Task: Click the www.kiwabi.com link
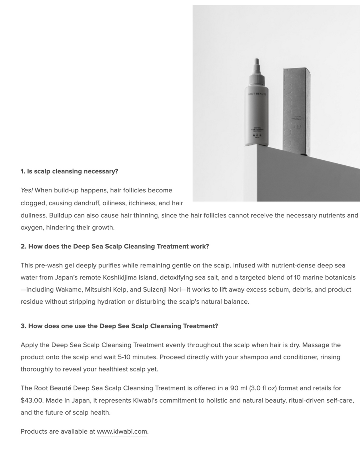[x=122, y=431]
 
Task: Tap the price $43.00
[x=32, y=400]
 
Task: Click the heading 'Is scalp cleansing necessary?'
[x=72, y=171]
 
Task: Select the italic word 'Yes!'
[x=27, y=190]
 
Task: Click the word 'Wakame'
[x=69, y=290]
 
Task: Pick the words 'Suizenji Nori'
[x=162, y=290]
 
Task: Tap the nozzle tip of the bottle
[x=256, y=61]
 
